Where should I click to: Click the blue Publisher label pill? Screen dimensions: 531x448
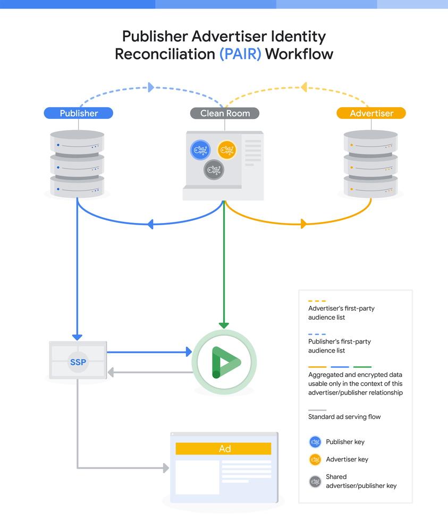click(x=79, y=113)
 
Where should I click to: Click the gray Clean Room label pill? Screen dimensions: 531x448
click(x=225, y=113)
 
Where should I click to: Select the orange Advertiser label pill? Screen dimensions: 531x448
click(x=371, y=113)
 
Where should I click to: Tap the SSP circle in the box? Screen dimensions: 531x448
click(x=78, y=363)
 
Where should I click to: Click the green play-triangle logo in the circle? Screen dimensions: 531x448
click(x=224, y=362)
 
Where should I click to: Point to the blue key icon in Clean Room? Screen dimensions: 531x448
click(x=200, y=150)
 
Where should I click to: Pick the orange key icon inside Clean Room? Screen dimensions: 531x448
click(x=226, y=150)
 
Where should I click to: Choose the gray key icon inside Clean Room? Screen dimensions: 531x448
click(x=214, y=170)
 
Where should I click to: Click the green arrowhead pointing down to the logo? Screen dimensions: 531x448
click(x=224, y=325)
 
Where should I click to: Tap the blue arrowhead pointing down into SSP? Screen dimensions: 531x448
click(x=78, y=336)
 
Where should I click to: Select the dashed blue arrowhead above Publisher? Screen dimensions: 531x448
click(x=151, y=87)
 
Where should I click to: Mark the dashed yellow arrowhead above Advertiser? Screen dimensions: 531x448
click(x=303, y=87)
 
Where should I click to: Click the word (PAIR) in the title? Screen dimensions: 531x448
click(x=240, y=54)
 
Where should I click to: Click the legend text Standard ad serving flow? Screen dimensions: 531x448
click(x=344, y=417)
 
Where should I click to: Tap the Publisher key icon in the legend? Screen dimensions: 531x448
click(x=315, y=442)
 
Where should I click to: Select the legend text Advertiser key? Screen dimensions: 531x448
click(x=347, y=459)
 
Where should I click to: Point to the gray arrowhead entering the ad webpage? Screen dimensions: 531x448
click(x=165, y=468)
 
